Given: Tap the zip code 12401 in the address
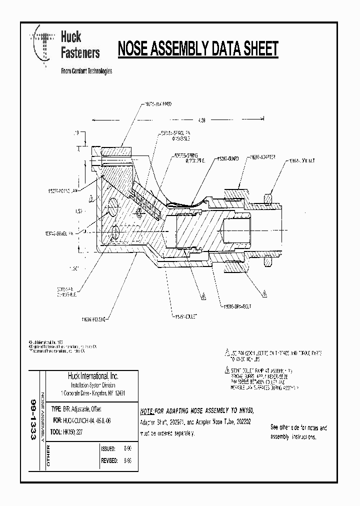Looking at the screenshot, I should click(118, 393).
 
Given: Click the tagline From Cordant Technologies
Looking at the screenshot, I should click(86, 71).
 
